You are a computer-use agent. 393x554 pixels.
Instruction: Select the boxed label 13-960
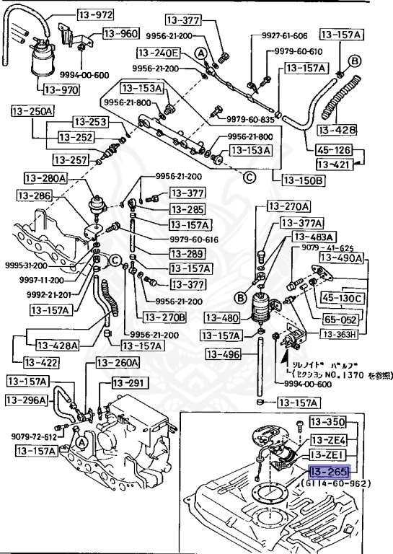point(120,33)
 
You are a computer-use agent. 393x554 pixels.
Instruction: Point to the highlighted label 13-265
point(328,472)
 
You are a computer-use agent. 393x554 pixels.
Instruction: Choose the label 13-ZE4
point(328,439)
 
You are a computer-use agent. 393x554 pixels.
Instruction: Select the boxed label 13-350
point(328,421)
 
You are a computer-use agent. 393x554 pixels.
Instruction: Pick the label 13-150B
point(303,180)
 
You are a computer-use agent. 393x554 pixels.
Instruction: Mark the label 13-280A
point(45,178)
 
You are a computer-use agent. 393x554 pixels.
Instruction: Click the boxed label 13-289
point(187,253)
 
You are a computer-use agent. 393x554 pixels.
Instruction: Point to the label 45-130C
point(343,297)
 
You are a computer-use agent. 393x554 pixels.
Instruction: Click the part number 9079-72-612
point(34,436)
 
